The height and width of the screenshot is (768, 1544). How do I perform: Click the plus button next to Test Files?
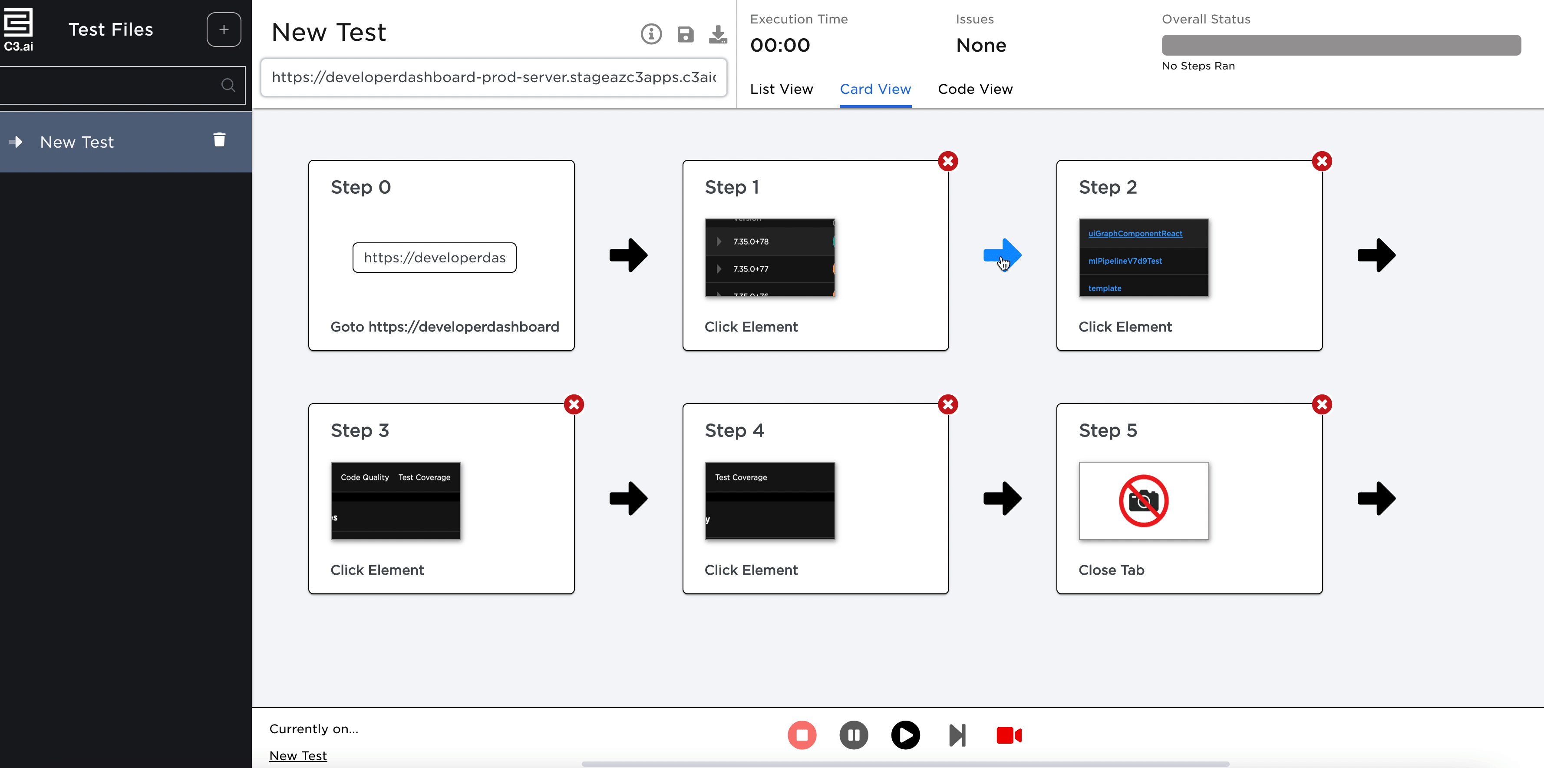coord(224,30)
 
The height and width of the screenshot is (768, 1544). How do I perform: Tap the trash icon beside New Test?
coord(219,140)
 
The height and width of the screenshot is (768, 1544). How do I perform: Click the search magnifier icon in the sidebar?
coord(228,85)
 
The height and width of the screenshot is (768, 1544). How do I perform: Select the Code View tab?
coord(975,89)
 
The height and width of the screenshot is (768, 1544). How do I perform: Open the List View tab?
coord(781,89)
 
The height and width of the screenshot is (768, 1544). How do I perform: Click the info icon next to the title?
coord(651,34)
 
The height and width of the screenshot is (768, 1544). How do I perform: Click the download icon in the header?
coord(717,34)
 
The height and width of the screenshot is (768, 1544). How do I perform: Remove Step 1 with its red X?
coord(947,161)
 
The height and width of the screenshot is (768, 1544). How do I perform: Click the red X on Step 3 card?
coord(574,405)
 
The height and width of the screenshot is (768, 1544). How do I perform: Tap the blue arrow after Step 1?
coord(1002,255)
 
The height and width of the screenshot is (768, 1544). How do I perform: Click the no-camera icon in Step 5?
coord(1143,500)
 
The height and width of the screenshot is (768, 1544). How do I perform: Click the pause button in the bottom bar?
coord(854,735)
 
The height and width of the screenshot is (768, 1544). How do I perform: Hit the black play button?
coord(905,735)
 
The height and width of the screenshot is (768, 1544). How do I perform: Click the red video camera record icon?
coord(1009,735)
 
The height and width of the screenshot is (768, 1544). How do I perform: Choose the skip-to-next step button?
coord(957,735)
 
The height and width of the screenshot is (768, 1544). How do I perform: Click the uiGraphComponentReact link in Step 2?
coord(1135,234)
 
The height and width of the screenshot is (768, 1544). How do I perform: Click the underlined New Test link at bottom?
coord(298,755)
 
